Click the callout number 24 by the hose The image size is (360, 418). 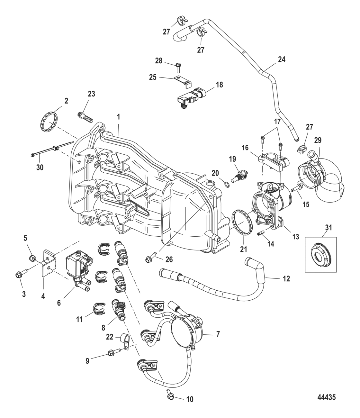coord(282,60)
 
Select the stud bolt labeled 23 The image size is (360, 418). coord(85,117)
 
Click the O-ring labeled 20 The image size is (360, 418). coord(227,184)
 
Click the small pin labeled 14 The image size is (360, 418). coord(261,232)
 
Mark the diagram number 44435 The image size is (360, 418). coord(326,397)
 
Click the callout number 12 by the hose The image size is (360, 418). coord(286,279)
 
